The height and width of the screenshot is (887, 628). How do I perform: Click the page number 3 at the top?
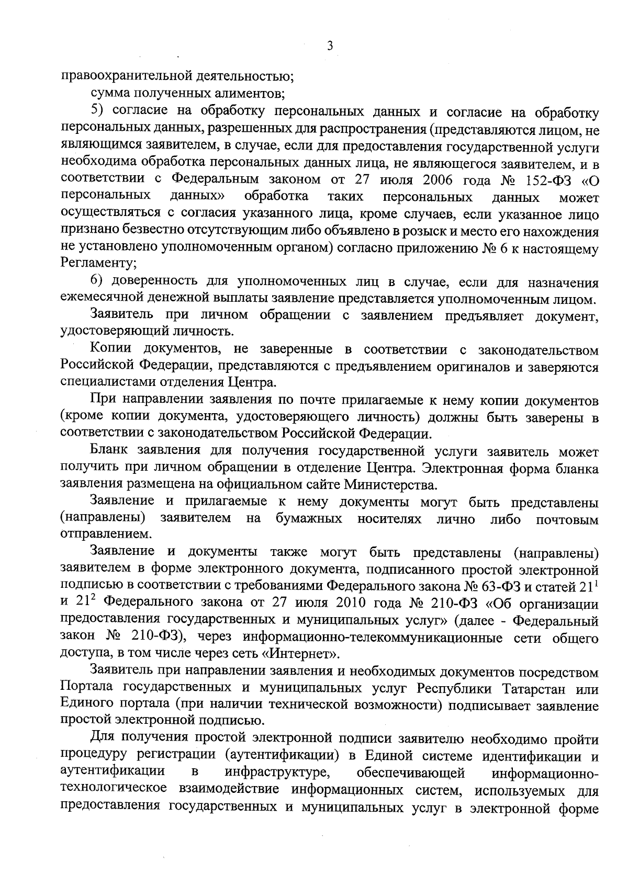coord(330,46)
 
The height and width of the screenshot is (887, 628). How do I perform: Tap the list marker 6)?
coord(98,282)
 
